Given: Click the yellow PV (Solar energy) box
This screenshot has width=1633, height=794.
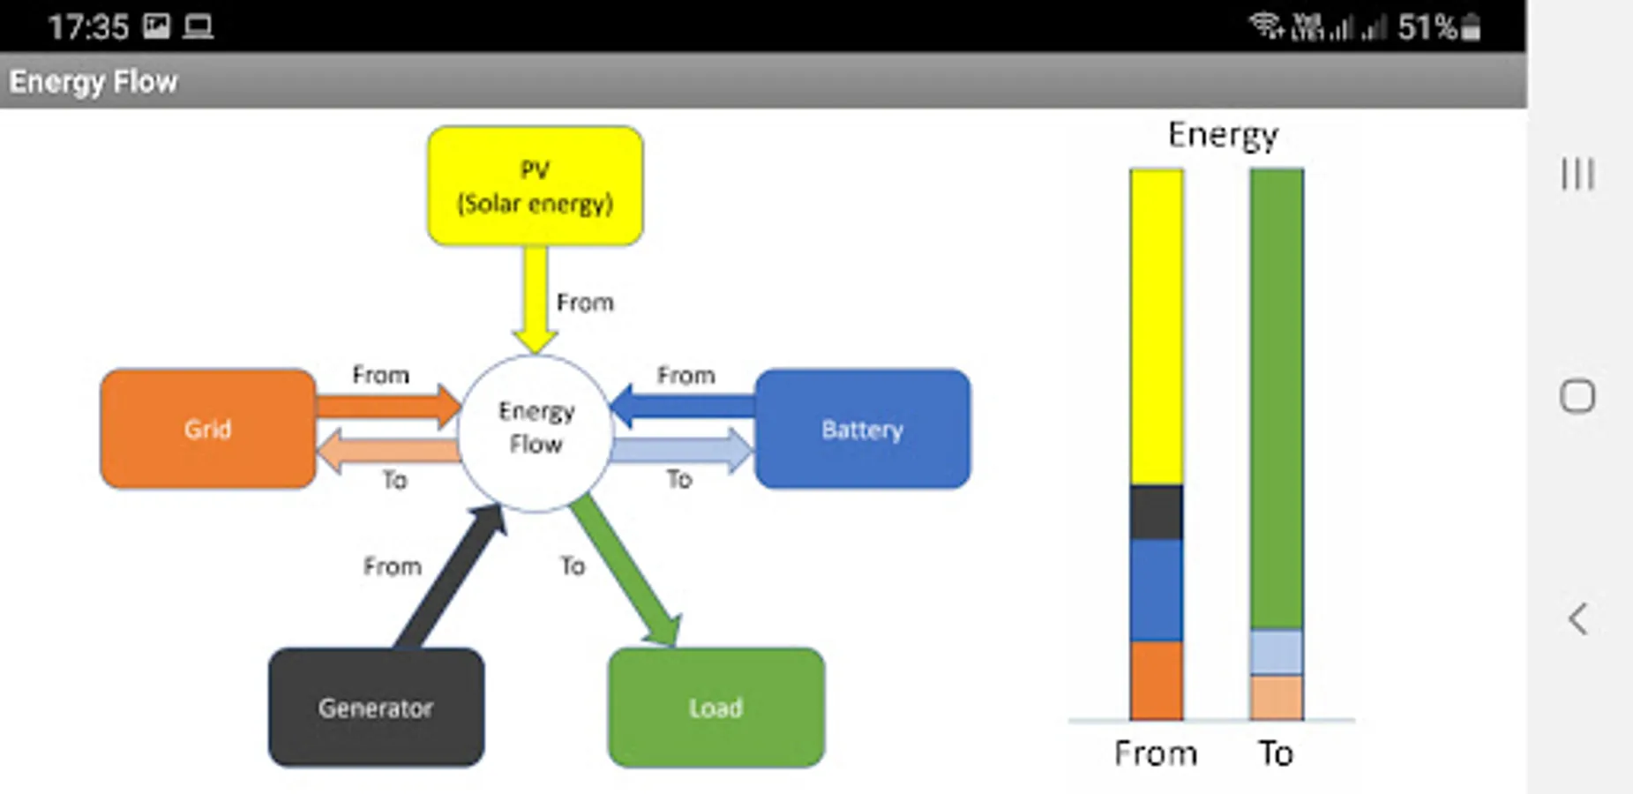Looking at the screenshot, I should [x=535, y=186].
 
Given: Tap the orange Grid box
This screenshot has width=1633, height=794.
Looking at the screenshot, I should [x=208, y=429].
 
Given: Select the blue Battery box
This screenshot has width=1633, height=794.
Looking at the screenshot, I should [x=862, y=429].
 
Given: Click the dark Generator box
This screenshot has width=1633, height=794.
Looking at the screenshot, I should [x=376, y=708].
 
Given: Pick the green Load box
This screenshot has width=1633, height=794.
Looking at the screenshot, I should [x=715, y=708].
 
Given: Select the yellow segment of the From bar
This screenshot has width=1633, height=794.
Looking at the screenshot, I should [x=1156, y=326].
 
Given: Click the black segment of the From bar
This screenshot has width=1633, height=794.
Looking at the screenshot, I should [x=1156, y=512].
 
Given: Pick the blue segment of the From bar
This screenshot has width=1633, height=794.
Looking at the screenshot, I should [x=1156, y=589].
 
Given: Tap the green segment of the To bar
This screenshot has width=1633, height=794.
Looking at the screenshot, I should [x=1276, y=397].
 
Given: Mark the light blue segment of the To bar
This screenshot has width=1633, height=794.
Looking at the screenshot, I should [x=1276, y=652].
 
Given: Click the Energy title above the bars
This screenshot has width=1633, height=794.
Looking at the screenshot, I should [x=1223, y=135].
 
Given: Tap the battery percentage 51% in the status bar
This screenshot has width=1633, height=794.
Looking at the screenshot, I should [x=1427, y=27].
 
